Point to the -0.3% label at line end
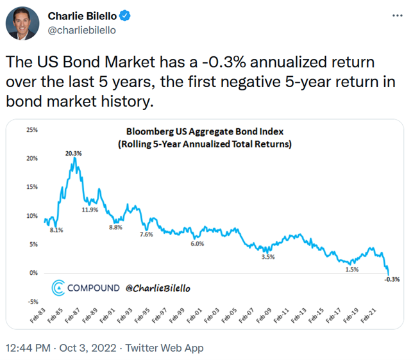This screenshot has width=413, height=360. (x=392, y=279)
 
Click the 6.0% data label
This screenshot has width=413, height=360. (x=197, y=243)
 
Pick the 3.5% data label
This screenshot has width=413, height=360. (x=268, y=257)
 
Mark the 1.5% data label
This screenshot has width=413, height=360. (x=351, y=270)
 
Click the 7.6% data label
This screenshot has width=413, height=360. (x=146, y=235)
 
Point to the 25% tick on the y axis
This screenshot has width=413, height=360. (x=31, y=129)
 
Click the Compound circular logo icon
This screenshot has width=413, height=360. (x=58, y=288)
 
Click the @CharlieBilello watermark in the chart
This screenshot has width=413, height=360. (x=158, y=288)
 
